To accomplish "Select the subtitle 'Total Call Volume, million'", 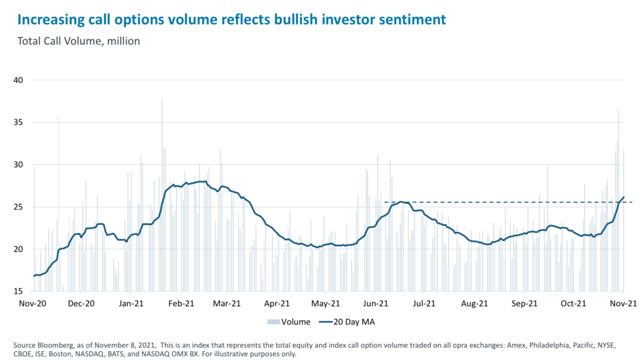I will pyautogui.click(x=79, y=41).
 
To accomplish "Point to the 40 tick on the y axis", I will pyautogui.click(x=18, y=80).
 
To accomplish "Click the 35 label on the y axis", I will pyautogui.click(x=18, y=122).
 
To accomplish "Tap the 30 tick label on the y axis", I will pyautogui.click(x=18, y=164).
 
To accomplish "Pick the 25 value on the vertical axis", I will pyautogui.click(x=18, y=207).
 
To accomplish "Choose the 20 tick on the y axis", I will pyautogui.click(x=18, y=249).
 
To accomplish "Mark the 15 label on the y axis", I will pyautogui.click(x=18, y=291).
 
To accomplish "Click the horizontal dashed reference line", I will pyautogui.click(x=500, y=202).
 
